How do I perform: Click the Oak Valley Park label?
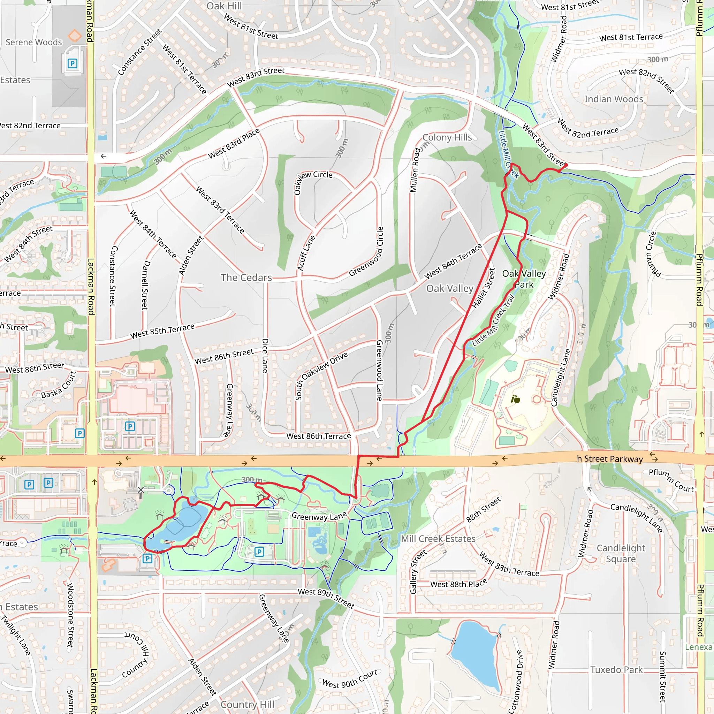(x=524, y=279)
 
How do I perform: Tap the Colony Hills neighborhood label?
(x=447, y=137)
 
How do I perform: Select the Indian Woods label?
(x=614, y=99)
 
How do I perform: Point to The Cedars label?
(x=246, y=278)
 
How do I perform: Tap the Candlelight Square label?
(x=621, y=553)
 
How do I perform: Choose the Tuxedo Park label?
(x=616, y=670)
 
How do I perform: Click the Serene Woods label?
(x=33, y=42)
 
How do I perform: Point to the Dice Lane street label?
(x=265, y=356)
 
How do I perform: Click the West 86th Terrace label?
(x=319, y=436)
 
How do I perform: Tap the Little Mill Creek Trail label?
(x=493, y=320)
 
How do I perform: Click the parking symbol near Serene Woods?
(x=72, y=63)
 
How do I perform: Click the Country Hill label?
(x=247, y=704)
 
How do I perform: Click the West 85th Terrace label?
(x=162, y=331)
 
